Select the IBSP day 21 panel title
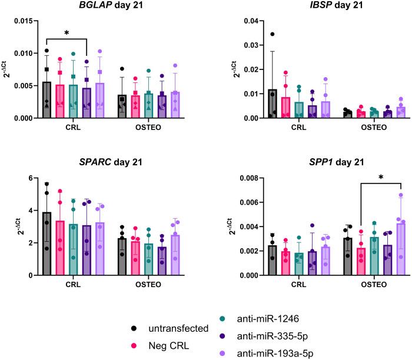[x=308, y=7]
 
